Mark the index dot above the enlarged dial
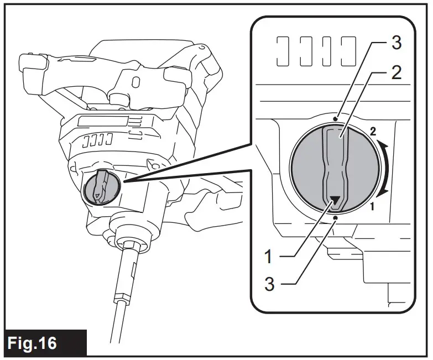(x=336, y=118)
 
